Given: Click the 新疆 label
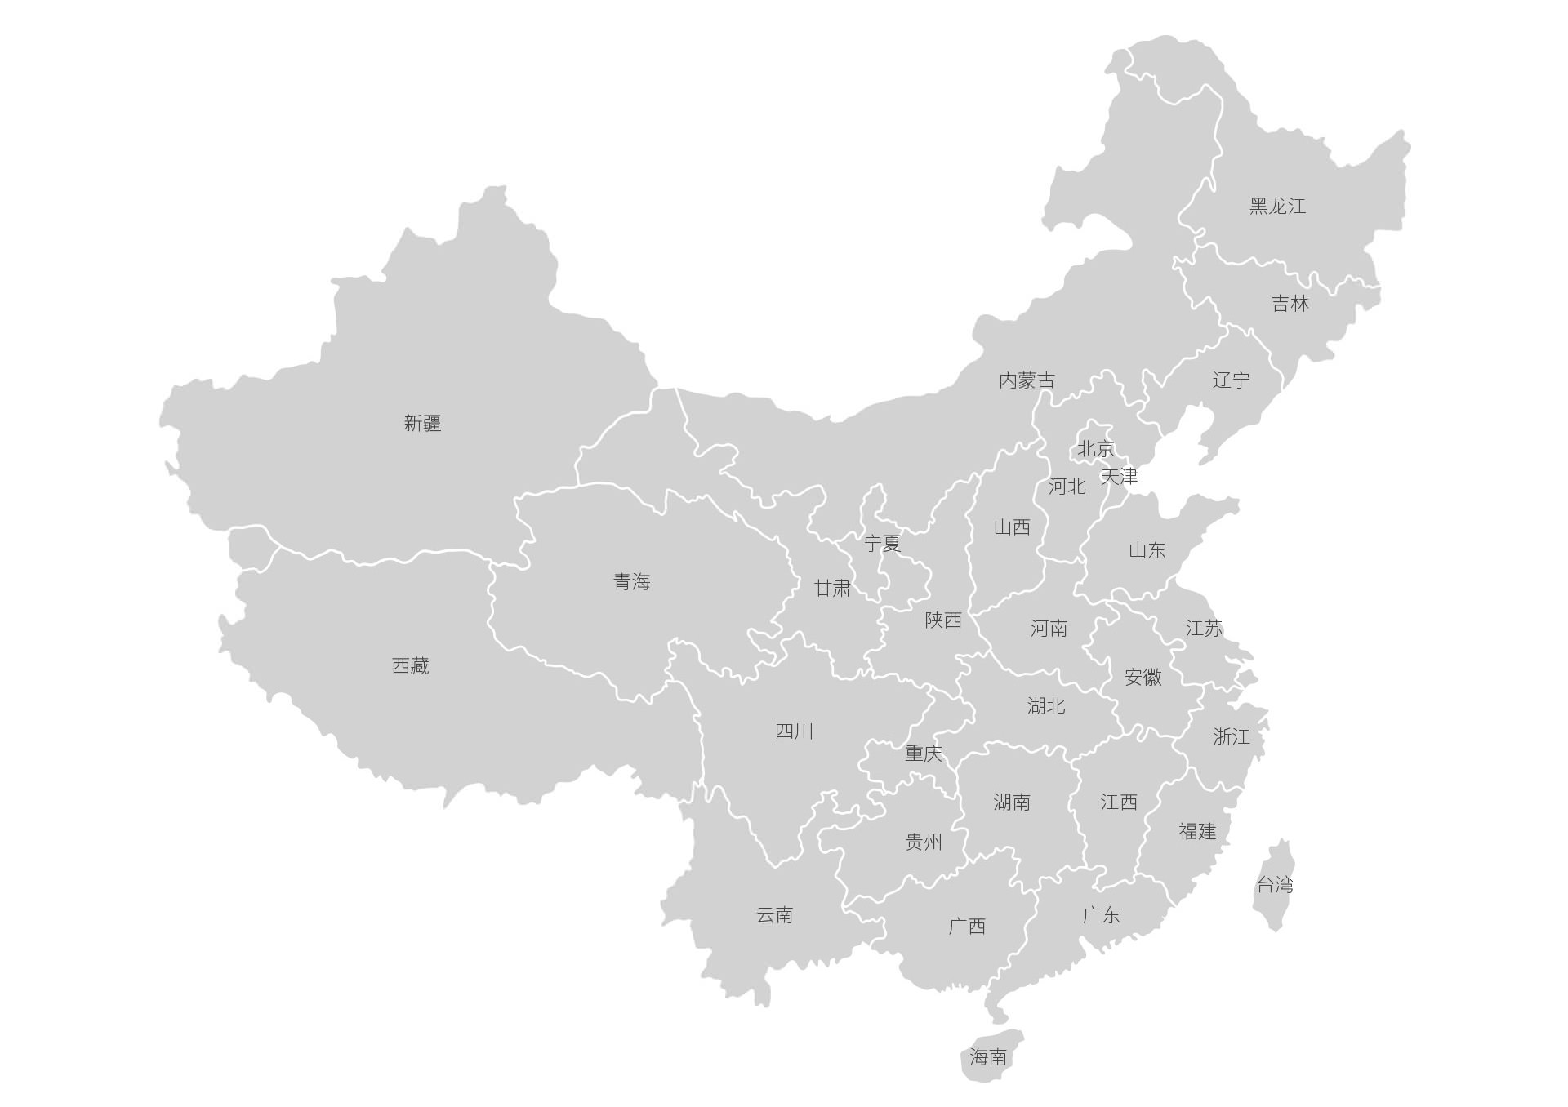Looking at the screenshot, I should coord(422,423).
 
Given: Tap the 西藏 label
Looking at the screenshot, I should coord(410,666).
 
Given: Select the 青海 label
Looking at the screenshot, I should coord(631,582).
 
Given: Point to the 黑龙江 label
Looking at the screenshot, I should coord(1277,206).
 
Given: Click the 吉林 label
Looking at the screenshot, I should coord(1290,304).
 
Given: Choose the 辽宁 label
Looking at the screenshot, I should coord(1231,380).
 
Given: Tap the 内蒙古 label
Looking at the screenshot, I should coord(1027,380).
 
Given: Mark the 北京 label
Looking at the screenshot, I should coord(1095,448).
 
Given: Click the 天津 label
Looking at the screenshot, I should coord(1119,476).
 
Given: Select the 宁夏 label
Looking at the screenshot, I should coord(882,543).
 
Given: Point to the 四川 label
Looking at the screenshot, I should coord(794,731).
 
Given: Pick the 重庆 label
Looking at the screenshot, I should coord(923,753).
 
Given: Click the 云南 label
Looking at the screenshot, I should coord(774,915).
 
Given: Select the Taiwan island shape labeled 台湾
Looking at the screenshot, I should coord(1275,884).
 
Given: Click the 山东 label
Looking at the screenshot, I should coord(1147,550).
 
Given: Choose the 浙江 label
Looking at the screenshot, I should coord(1231,736).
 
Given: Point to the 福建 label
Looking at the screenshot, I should coord(1197,831).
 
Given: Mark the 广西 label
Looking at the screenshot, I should coord(967,926).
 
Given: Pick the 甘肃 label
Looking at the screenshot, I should coord(832,588).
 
